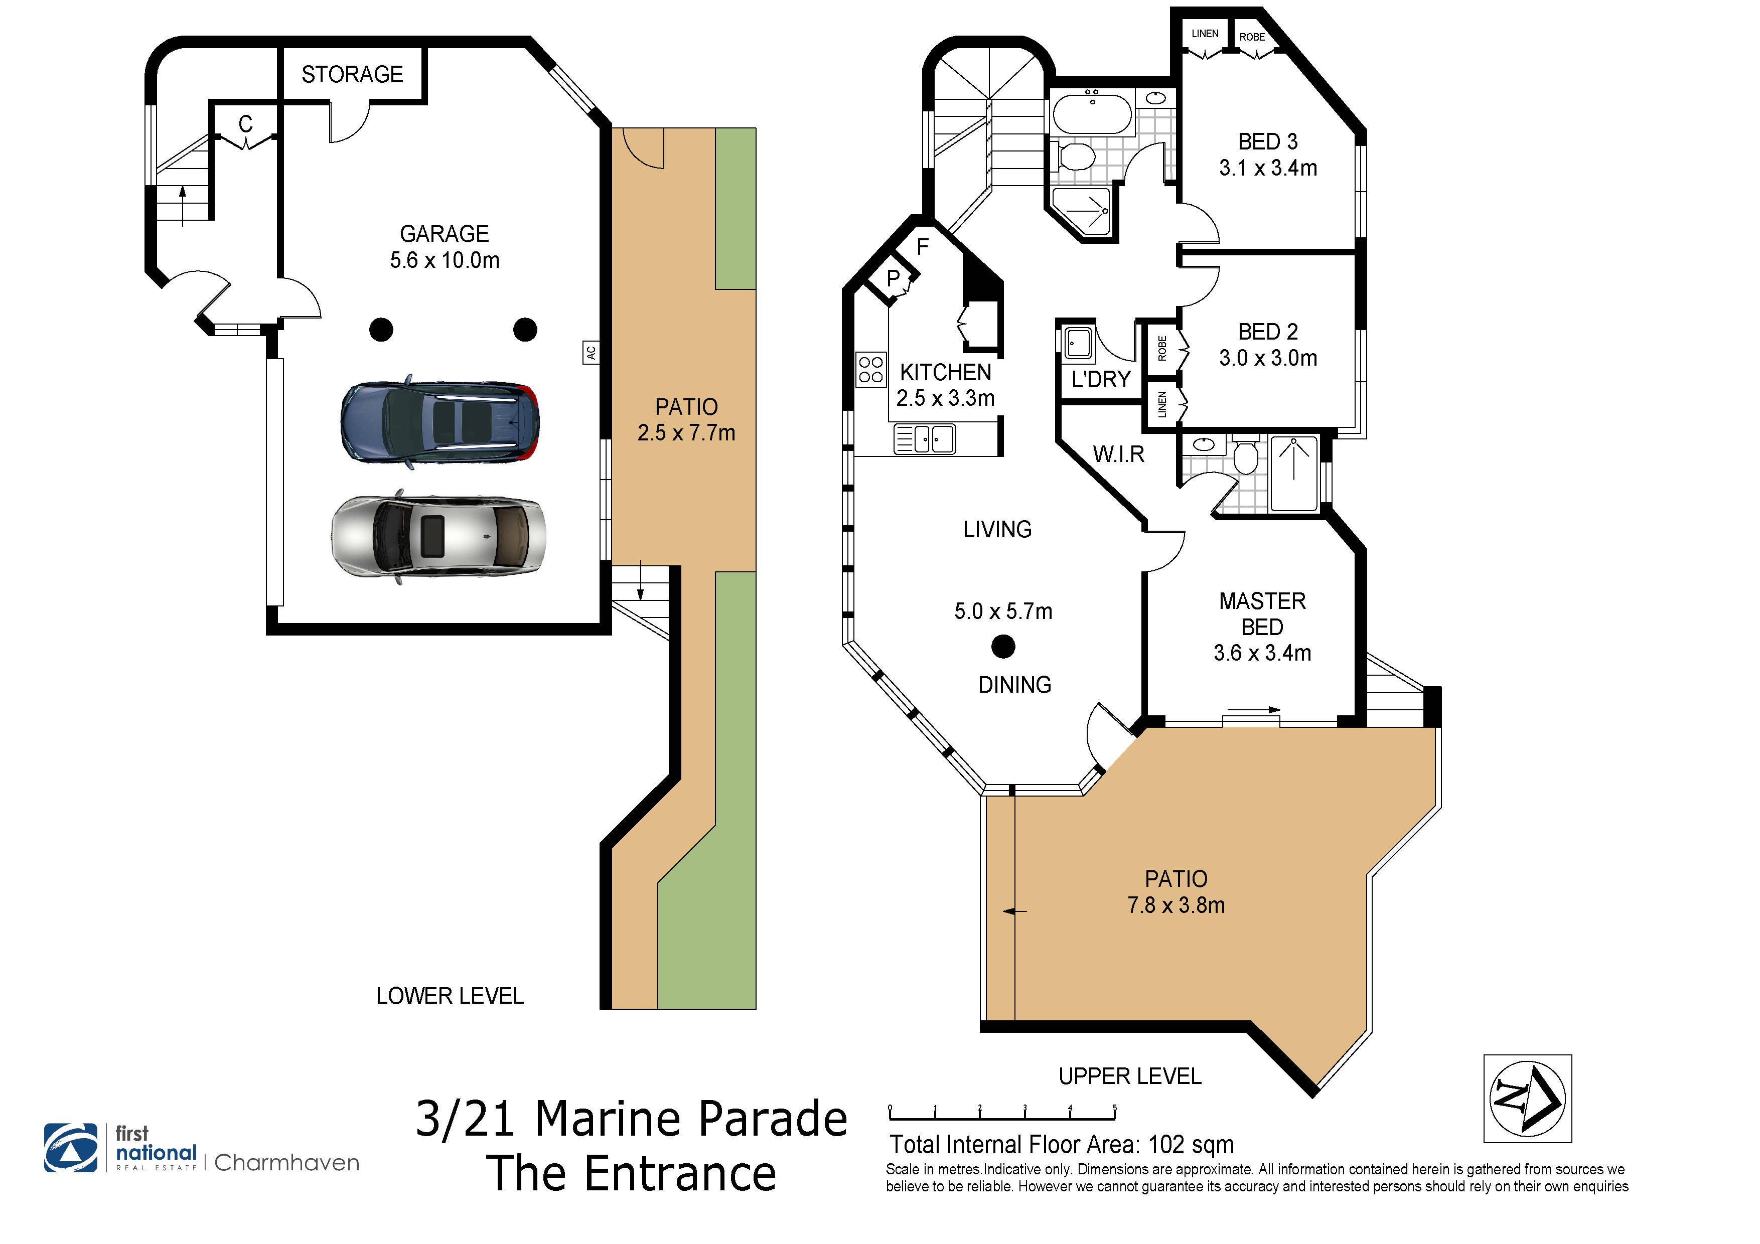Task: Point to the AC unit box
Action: [x=590, y=353]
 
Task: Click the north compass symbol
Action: [x=1527, y=1099]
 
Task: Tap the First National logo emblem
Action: [x=71, y=1147]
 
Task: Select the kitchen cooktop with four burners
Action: [x=871, y=369]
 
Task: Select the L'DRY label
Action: [x=1101, y=379]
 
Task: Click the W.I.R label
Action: [x=1118, y=454]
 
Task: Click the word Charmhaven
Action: [x=286, y=1163]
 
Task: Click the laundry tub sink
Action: [x=1079, y=344]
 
